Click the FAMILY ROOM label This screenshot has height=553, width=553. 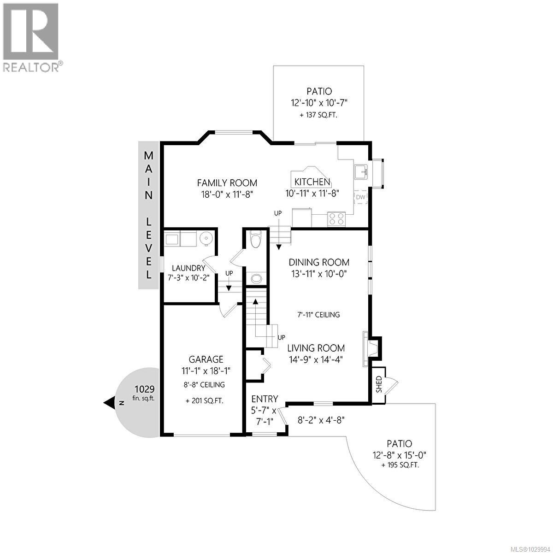[x=227, y=183]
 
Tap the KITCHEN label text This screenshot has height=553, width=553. [x=312, y=182]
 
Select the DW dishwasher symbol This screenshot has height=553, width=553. [x=360, y=198]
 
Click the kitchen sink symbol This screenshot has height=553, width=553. [x=361, y=172]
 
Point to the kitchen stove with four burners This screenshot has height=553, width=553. [x=336, y=218]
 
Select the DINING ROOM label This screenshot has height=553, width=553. [x=319, y=262]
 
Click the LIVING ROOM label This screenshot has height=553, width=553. [x=316, y=348]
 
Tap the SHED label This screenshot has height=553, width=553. [x=379, y=383]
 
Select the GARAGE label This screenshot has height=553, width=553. [x=206, y=359]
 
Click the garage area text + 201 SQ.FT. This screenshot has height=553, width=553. [x=205, y=401]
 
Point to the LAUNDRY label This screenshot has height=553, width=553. [x=188, y=268]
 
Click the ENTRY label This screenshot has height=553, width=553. [x=265, y=399]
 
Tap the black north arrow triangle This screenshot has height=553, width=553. [x=110, y=403]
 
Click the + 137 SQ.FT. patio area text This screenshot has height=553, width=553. [x=319, y=115]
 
